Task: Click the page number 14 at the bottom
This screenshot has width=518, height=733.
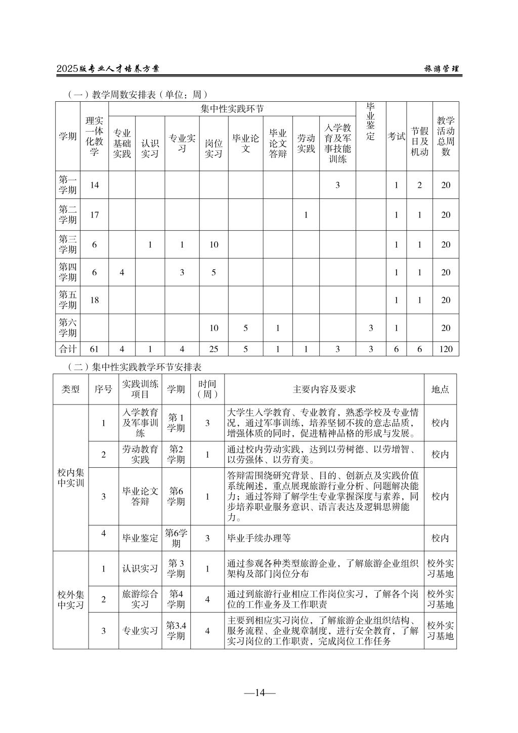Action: click(x=260, y=693)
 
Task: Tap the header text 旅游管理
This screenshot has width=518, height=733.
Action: click(x=442, y=69)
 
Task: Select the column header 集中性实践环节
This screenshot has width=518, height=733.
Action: click(x=232, y=109)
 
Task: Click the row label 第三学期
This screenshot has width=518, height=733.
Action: click(x=68, y=245)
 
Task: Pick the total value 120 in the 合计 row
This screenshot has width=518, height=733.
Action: click(x=446, y=349)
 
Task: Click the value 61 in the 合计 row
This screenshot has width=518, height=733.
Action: click(x=95, y=349)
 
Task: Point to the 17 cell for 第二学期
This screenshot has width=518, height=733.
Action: click(x=95, y=215)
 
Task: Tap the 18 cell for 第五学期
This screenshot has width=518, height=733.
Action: click(x=95, y=300)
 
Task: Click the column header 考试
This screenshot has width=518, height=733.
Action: click(x=396, y=136)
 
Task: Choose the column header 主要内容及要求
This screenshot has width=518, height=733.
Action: click(x=324, y=389)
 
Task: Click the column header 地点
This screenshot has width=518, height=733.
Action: click(x=440, y=389)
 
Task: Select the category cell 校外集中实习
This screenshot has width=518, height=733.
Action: click(x=71, y=599)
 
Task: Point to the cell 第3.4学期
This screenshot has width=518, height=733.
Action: click(x=176, y=631)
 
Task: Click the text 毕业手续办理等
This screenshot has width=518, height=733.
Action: click(x=259, y=538)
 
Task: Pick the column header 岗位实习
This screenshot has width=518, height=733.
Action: click(x=213, y=148)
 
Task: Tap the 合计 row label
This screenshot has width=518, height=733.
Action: click(x=68, y=349)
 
